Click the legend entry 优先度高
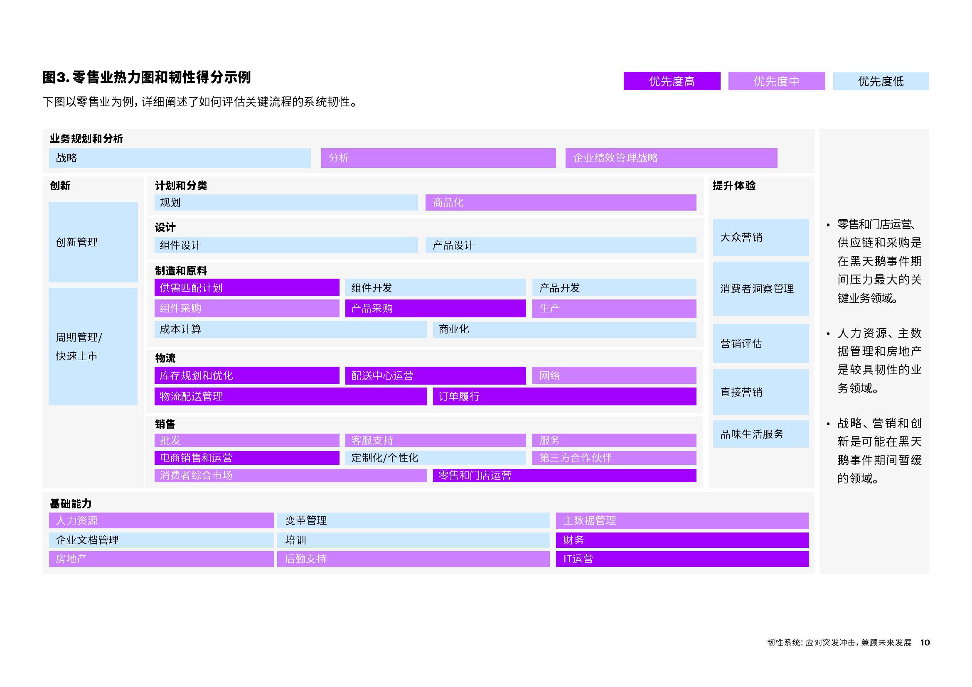[x=672, y=81]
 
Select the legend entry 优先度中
[x=776, y=81]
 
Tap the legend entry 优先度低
[x=881, y=81]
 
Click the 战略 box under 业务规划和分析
[x=180, y=158]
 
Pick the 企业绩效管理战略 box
[x=672, y=158]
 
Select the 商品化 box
[x=561, y=202]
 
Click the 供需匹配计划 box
[x=247, y=287]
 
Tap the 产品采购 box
[x=436, y=308]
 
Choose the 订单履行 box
[x=565, y=396]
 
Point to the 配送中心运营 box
[x=436, y=375]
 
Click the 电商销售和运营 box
[x=247, y=458]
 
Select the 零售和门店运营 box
[x=565, y=476]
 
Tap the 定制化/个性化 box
[x=436, y=458]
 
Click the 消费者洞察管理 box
[x=761, y=289]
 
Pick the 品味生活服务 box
[x=761, y=434]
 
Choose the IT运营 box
[x=682, y=559]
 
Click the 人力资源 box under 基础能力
[x=161, y=520]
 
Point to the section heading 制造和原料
[x=181, y=271]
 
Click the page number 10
[x=925, y=643]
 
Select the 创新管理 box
[x=93, y=242]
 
